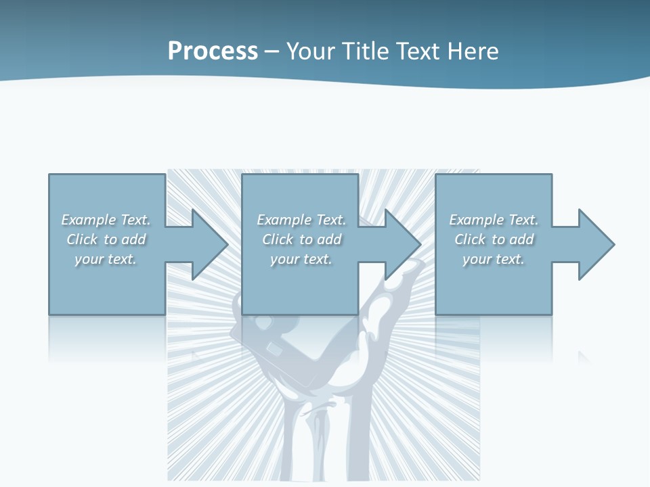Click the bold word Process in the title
[213, 51]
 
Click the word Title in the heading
[364, 51]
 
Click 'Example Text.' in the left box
[106, 220]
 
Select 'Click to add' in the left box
[106, 239]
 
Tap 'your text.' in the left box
[106, 259]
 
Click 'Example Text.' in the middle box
[301, 220]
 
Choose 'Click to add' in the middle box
[301, 239]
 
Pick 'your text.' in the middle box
[301, 259]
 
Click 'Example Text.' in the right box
[494, 220]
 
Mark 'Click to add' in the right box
[494, 239]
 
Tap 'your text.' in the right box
[494, 259]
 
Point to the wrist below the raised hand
[318, 440]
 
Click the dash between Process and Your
[272, 51]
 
